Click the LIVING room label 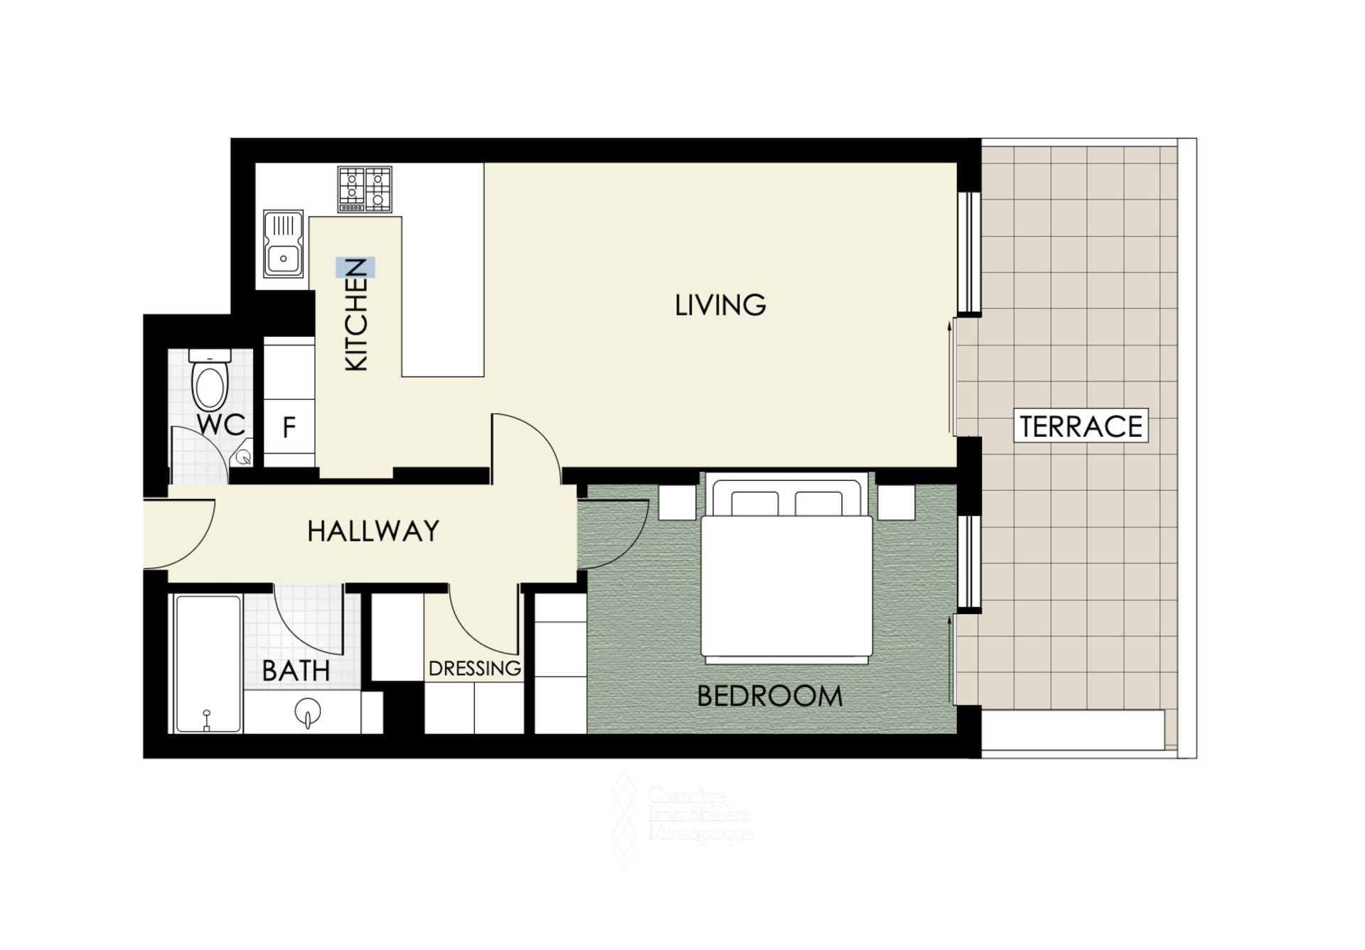click(x=720, y=305)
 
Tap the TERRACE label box click(x=1081, y=426)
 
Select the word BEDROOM click(x=769, y=696)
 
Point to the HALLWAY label click(x=373, y=531)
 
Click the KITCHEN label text click(x=355, y=314)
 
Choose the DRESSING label click(x=475, y=668)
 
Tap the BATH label click(x=296, y=671)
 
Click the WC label click(x=221, y=425)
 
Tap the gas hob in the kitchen click(x=365, y=189)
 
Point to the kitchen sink click(x=284, y=243)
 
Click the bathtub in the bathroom click(x=208, y=664)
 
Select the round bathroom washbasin click(x=308, y=711)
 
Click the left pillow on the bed click(x=754, y=503)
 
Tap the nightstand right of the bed click(x=896, y=502)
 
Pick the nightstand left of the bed click(x=677, y=502)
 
